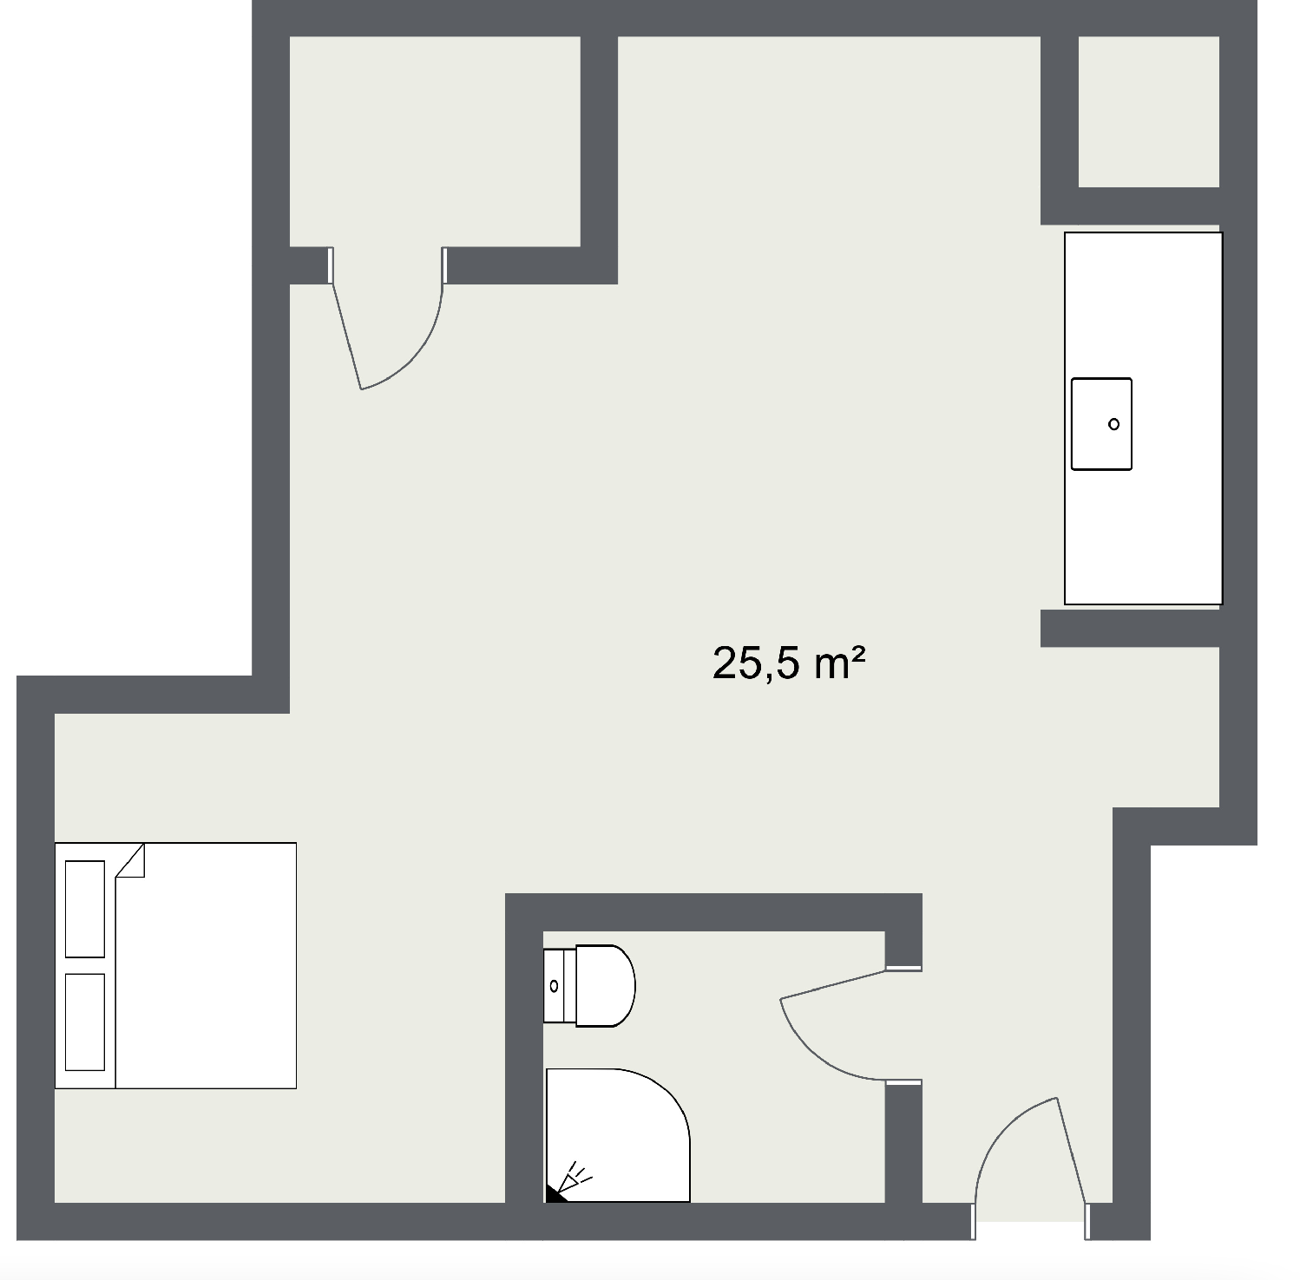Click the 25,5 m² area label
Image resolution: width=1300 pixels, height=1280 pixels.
[788, 664]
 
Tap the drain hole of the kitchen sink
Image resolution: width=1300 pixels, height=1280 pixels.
[1113, 424]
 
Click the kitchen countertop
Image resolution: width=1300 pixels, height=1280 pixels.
[1143, 529]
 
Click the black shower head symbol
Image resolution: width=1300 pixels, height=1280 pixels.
[555, 1194]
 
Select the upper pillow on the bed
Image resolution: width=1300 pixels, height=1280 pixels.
[85, 908]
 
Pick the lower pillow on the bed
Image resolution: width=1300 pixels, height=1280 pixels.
[85, 1022]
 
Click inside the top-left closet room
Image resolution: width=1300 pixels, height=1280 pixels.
[434, 139]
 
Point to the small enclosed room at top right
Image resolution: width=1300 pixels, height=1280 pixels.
[1148, 111]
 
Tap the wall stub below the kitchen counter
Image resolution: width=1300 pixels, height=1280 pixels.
[1128, 628]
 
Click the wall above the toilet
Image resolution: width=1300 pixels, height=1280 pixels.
[712, 912]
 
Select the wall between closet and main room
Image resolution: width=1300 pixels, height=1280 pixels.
[599, 156]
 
